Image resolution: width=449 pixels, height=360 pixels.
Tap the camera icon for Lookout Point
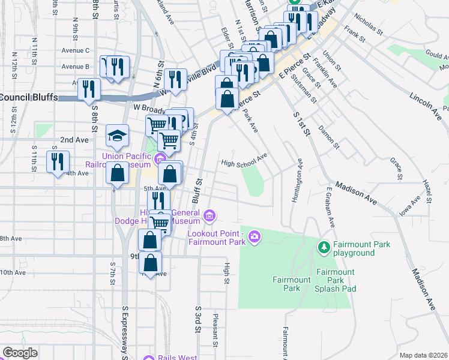point(255,237)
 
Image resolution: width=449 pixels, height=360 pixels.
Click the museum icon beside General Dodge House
point(209,215)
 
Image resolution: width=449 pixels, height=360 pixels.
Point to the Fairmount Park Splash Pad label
point(336,280)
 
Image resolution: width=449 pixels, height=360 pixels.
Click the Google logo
point(20,353)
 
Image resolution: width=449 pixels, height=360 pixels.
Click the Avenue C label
point(75,50)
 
